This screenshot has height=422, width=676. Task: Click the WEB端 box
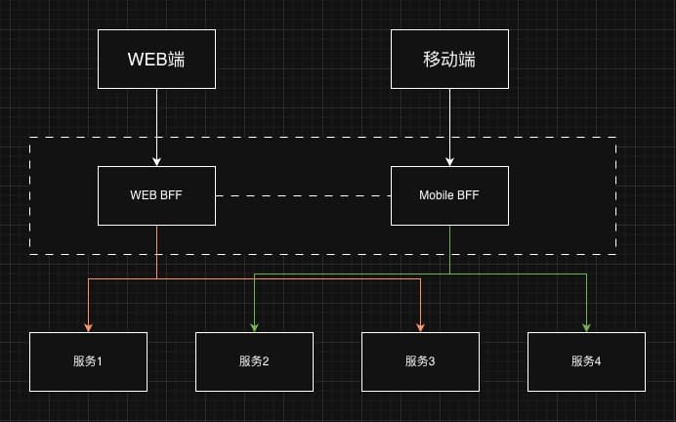(x=156, y=59)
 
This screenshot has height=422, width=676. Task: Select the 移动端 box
(x=449, y=59)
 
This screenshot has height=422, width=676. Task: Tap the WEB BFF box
(x=156, y=195)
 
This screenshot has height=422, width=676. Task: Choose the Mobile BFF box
(x=449, y=195)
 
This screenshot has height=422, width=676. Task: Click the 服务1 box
(x=88, y=361)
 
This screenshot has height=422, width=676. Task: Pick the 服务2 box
(x=254, y=361)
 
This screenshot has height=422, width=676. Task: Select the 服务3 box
(x=420, y=361)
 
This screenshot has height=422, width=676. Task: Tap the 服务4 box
(x=586, y=361)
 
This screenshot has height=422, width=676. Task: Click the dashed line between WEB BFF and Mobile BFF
(x=303, y=195)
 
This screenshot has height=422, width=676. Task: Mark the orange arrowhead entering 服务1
(x=89, y=327)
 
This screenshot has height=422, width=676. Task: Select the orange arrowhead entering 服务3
(x=421, y=327)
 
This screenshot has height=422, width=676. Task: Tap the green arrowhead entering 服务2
(x=255, y=327)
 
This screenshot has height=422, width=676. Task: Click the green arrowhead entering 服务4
(x=587, y=327)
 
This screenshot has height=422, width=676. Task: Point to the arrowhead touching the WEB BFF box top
(x=156, y=161)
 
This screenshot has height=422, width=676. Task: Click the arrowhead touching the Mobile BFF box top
(x=449, y=161)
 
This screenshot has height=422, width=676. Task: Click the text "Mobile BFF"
(x=449, y=195)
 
